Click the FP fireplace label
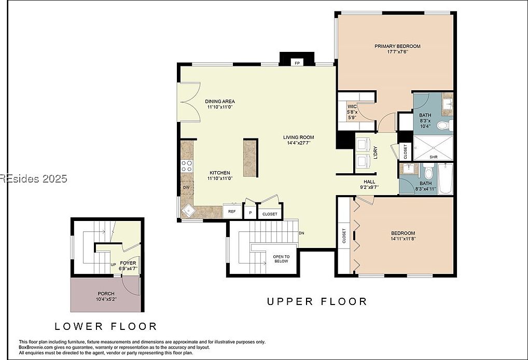click(x=297, y=63)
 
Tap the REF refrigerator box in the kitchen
click(x=231, y=212)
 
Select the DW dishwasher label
click(x=186, y=188)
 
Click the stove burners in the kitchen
click(x=186, y=166)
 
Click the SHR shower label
click(x=434, y=157)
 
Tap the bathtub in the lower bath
click(x=445, y=180)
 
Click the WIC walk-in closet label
click(x=352, y=106)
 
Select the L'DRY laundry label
click(x=375, y=152)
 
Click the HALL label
click(x=369, y=182)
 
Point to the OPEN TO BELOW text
click(x=282, y=259)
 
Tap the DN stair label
click(x=302, y=233)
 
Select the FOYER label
click(x=128, y=263)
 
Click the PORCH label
click(x=106, y=294)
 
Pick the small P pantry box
click(x=250, y=213)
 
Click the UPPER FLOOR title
click(x=317, y=301)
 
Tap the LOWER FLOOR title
click(x=106, y=326)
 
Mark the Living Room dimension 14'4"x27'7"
click(x=298, y=144)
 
